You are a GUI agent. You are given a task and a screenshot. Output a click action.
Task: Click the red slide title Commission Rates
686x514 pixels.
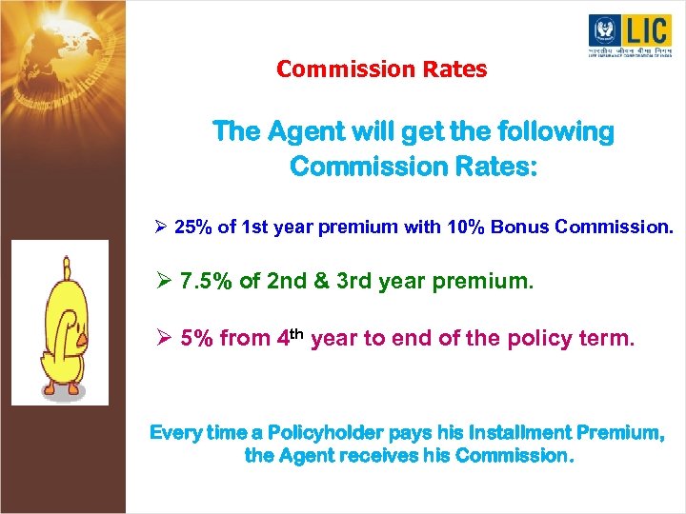click(381, 69)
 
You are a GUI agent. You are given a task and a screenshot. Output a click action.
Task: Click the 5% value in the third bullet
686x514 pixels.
click(196, 338)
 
